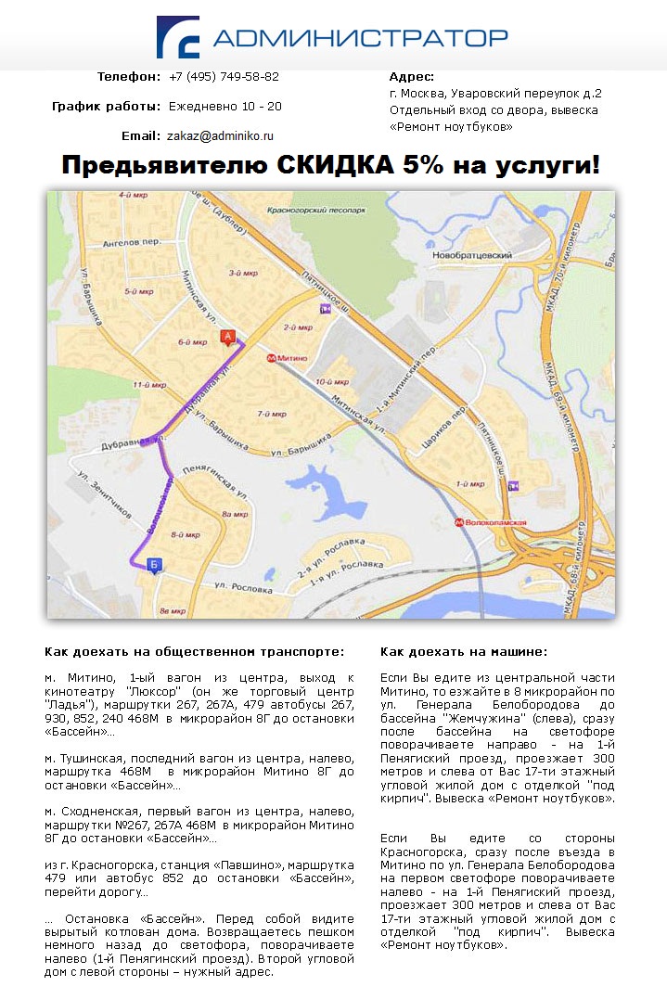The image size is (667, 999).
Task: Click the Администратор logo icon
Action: coord(177,37)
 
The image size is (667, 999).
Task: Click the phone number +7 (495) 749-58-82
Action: coord(224,77)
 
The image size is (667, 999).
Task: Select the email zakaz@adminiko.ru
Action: coord(221,135)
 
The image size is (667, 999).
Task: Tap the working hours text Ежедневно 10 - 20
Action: coord(225,107)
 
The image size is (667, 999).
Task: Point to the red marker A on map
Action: coord(226,338)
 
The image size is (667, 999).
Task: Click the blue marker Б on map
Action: coord(154,564)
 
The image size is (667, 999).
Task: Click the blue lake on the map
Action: coord(324,492)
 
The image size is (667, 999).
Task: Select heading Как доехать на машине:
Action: coord(464,652)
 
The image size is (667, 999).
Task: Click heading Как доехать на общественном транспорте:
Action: coord(195,652)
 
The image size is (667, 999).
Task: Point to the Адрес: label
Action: coord(412,77)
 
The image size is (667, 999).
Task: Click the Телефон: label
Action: coord(129,77)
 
